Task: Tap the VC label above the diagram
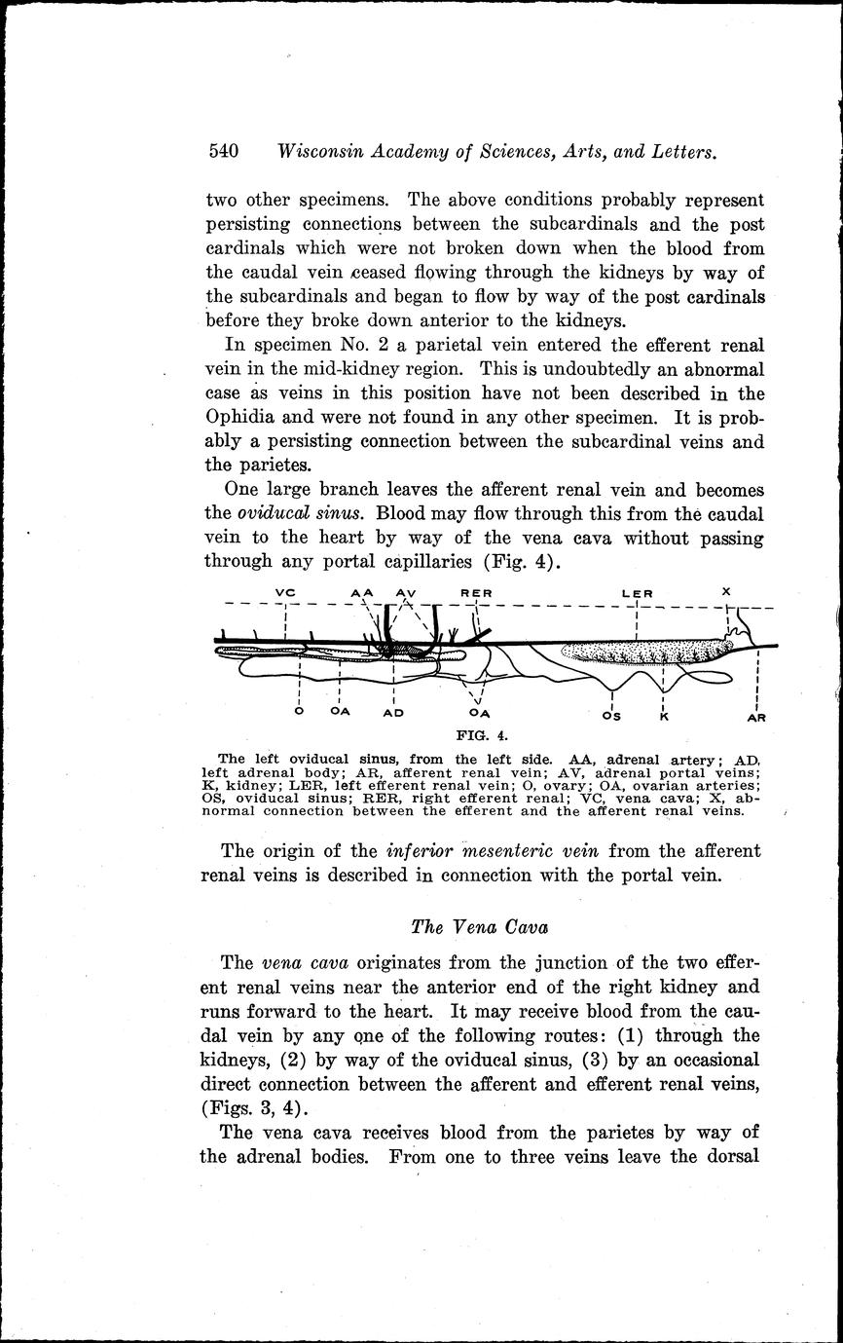[284, 592]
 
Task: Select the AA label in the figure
[363, 592]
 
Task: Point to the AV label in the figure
[406, 592]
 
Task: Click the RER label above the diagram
[476, 592]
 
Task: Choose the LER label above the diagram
[637, 592]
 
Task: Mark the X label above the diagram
[726, 591]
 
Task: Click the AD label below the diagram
[393, 713]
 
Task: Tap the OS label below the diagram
[611, 717]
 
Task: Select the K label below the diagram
[663, 717]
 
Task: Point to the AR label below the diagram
[756, 718]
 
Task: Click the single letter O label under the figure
[299, 712]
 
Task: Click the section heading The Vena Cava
[475, 925]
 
